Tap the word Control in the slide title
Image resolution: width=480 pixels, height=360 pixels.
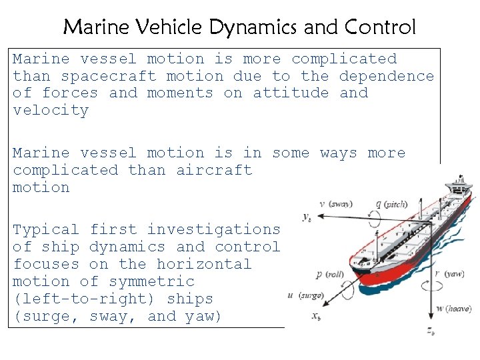(x=380, y=27)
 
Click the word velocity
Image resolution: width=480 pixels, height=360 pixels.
(x=51, y=111)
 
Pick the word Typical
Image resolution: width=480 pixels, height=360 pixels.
(x=46, y=229)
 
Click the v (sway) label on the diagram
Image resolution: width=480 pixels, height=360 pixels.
(x=337, y=204)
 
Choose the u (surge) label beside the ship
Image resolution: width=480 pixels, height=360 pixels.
(x=305, y=295)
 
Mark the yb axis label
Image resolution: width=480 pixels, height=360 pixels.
(x=307, y=217)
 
